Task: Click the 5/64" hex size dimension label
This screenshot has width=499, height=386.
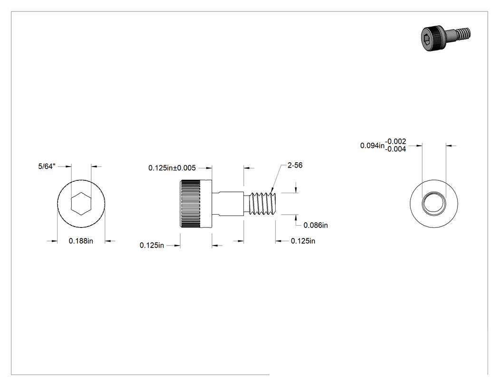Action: (47, 167)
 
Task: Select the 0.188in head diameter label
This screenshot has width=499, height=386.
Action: (81, 241)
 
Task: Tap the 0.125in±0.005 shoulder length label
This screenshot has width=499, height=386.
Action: (172, 168)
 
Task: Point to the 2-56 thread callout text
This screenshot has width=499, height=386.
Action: (295, 166)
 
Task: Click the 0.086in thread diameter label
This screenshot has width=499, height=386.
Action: (316, 225)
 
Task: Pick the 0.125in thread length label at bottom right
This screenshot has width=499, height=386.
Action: (303, 241)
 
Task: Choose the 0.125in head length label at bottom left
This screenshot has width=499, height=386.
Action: (152, 246)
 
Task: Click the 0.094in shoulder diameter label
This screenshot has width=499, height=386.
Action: (372, 146)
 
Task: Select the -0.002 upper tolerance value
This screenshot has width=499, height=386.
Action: (395, 141)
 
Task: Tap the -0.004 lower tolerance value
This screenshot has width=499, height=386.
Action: (395, 149)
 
